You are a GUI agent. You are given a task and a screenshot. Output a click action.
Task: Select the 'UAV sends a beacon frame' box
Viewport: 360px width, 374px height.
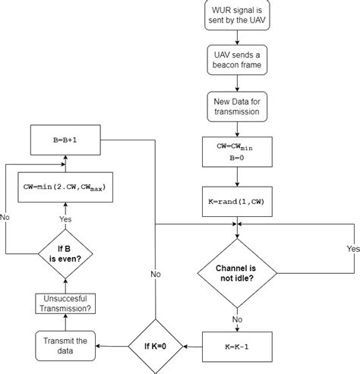[238, 61]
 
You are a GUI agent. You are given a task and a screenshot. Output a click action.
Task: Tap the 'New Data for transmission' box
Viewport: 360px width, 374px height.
[238, 105]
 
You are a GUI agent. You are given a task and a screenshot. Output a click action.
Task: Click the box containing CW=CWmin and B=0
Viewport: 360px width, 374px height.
[238, 151]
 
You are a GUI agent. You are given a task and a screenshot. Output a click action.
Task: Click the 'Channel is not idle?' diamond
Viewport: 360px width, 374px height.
[238, 273]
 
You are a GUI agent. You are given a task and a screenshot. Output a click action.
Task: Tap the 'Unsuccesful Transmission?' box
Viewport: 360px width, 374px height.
[65, 304]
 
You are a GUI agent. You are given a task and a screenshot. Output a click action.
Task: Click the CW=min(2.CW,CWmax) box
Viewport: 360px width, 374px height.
[65, 184]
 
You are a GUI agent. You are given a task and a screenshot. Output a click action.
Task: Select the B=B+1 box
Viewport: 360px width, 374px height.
[65, 140]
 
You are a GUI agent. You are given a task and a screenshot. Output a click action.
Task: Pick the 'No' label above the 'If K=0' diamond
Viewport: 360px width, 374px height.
[156, 273]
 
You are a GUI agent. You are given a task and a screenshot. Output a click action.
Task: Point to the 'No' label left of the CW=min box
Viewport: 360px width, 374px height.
[6, 216]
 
